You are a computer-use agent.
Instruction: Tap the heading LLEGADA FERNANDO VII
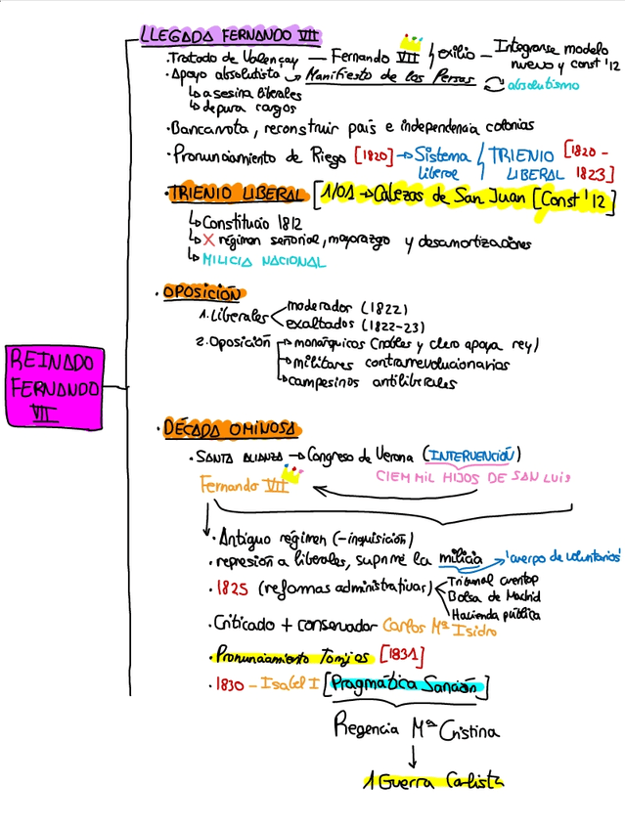[230, 37]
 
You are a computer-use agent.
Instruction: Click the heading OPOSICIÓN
[201, 291]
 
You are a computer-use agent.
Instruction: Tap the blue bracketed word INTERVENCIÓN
[470, 454]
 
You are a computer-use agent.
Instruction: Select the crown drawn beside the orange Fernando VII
[290, 472]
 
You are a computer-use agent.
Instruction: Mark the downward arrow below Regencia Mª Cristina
[414, 755]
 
